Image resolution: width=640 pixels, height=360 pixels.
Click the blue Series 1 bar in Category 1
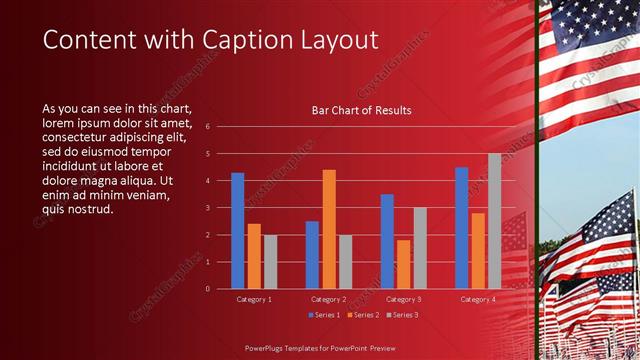[x=238, y=231]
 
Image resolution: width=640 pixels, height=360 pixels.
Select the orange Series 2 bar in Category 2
[x=329, y=229]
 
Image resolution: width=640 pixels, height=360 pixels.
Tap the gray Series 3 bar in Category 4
[x=494, y=221]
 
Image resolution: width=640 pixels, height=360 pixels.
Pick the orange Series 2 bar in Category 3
[x=404, y=264]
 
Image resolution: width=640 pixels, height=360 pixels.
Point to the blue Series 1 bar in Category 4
[x=461, y=228]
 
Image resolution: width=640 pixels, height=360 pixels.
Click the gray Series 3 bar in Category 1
[x=270, y=262]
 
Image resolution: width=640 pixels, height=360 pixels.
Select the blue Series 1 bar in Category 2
[x=312, y=255]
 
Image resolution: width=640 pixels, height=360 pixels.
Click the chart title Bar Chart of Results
[x=361, y=110]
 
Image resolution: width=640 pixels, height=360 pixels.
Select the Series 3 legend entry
[x=402, y=315]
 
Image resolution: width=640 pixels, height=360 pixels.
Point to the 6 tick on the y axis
[x=207, y=127]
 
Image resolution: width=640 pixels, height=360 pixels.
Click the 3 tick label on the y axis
[x=207, y=208]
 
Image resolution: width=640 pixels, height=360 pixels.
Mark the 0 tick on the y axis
[x=207, y=289]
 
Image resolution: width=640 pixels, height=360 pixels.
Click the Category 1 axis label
[x=254, y=299]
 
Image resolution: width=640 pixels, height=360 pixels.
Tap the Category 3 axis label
[x=403, y=299]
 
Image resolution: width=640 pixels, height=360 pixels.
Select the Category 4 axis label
[x=478, y=299]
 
